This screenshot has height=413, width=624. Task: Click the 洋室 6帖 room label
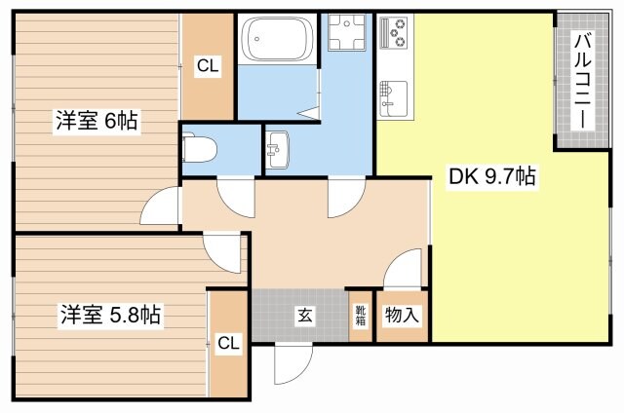[x=96, y=122]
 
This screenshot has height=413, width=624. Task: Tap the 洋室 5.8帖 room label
[x=108, y=316]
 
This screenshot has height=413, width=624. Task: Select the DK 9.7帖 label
[x=491, y=177]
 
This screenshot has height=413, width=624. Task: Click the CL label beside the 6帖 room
[x=208, y=67]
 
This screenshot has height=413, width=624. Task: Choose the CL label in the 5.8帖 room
[x=228, y=342]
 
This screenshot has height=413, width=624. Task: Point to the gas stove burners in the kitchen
[x=398, y=37]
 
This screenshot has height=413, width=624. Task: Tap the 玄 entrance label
[x=304, y=316]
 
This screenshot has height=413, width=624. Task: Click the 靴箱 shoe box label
[x=361, y=316]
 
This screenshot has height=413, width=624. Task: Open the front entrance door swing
[x=290, y=364]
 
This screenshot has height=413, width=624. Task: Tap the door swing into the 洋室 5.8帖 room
[x=224, y=252]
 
